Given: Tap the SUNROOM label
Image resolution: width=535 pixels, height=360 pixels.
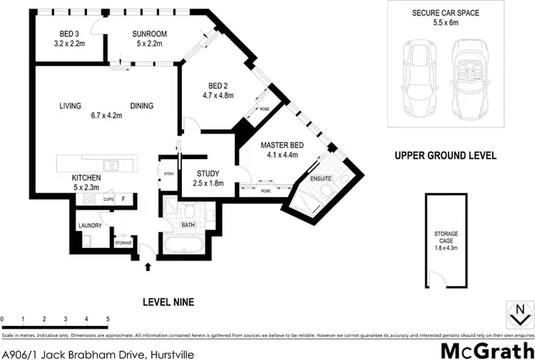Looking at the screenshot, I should coord(149,34).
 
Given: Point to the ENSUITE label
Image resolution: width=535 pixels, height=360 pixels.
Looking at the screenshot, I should coord(320,178).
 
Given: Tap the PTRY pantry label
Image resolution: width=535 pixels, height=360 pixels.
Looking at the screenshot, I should coord(168,173).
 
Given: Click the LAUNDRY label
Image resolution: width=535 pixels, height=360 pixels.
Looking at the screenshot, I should coord(91,226).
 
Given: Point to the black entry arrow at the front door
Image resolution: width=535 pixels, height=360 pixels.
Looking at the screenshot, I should coord(148,267).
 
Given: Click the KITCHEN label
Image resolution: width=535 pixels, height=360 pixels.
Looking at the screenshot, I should coord(85,178).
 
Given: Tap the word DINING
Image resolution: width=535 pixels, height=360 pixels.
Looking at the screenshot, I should coord(141,106).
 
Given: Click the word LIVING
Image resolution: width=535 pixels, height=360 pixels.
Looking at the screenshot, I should coord(71,106).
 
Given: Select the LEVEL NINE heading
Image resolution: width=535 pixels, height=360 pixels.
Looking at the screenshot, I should coord(169,302).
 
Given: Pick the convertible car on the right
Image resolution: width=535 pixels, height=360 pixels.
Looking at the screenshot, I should coord(472,78).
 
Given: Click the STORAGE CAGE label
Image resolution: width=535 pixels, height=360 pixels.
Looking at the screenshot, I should coord(446,238).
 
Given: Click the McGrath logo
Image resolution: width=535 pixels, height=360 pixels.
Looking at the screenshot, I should coord(486,350).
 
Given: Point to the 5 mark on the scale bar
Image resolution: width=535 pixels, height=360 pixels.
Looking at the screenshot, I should coord(108,319).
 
